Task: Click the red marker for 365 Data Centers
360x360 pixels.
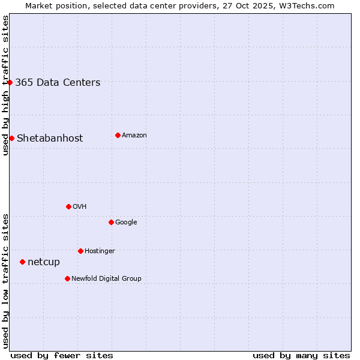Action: point(10,82)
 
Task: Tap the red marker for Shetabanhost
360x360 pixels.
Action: point(11,138)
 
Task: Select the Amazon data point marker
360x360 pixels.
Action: point(118,135)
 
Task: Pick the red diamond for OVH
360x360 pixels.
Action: point(68,206)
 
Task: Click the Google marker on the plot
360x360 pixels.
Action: point(111,222)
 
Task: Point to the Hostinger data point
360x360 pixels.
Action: point(80,251)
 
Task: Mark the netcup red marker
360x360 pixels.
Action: point(22,262)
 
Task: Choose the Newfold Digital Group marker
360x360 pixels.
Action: point(67,278)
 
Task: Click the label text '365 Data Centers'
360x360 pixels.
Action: point(58,83)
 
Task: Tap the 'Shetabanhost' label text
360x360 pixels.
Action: point(50,139)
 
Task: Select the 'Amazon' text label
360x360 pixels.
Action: point(134,136)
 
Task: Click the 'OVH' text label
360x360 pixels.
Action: point(80,207)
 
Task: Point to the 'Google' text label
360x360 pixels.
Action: point(126,223)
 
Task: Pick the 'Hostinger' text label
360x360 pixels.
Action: point(100,251)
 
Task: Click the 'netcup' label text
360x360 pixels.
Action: point(44,262)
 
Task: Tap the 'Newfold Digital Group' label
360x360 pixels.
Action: point(106,279)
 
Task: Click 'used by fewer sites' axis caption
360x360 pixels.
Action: point(62,356)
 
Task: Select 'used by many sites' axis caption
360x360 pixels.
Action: point(301,356)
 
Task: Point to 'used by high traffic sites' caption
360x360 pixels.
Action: point(5,85)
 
